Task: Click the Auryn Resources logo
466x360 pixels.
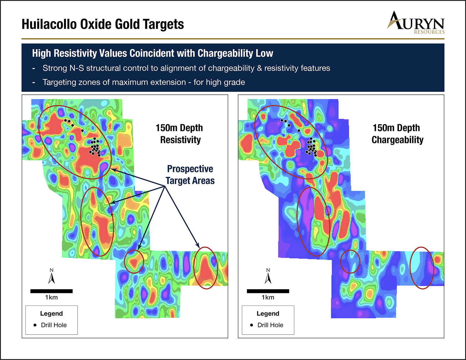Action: tap(416, 23)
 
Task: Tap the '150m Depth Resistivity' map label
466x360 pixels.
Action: tap(180, 134)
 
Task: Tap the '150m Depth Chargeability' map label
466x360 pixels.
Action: tap(397, 134)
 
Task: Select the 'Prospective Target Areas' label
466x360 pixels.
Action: tap(190, 174)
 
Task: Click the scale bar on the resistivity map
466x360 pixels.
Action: tap(52, 291)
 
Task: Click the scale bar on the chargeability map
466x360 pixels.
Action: tap(268, 291)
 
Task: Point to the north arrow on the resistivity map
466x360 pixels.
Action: tap(52, 276)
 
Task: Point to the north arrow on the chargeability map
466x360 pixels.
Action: tap(268, 276)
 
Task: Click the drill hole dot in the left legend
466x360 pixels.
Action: tap(35, 325)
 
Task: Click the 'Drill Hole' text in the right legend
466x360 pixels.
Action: tap(270, 325)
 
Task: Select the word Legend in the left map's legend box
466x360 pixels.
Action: tap(52, 313)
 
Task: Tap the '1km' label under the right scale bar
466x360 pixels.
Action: tap(268, 297)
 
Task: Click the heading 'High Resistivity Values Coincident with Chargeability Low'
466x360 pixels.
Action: tap(153, 53)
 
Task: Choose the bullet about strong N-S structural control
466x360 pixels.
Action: tap(181, 68)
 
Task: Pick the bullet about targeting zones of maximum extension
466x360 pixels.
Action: tap(139, 82)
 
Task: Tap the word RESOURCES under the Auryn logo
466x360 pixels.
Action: tap(429, 32)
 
